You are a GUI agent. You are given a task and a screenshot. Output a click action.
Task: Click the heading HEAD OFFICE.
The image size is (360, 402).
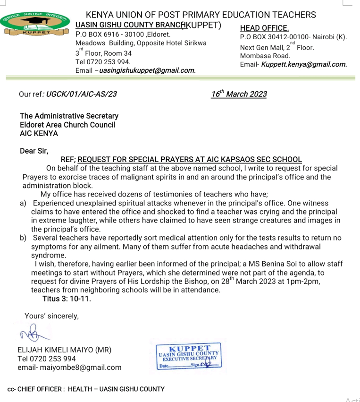pos(264,28)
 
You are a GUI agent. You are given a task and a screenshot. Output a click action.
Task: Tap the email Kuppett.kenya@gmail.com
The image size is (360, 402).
pos(304,64)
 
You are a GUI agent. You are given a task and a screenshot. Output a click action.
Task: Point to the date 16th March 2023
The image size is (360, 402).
pos(239,94)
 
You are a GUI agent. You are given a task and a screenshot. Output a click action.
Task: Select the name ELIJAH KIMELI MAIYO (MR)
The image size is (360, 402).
pos(64,351)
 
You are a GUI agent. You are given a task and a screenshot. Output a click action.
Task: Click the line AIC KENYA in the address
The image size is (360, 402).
pos(39,133)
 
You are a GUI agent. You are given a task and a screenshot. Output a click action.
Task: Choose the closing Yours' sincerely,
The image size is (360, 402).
pos(52,316)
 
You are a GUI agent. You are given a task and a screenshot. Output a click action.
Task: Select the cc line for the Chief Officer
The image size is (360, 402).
pos(86,389)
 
